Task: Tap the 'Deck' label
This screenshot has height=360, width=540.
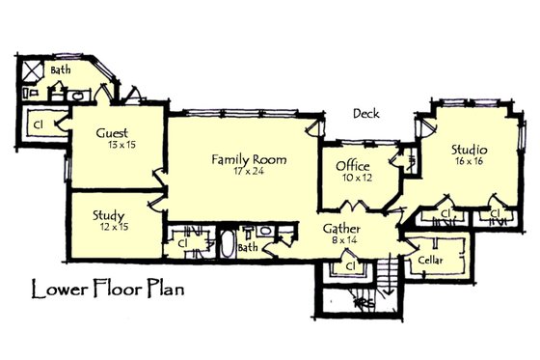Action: click(x=366, y=113)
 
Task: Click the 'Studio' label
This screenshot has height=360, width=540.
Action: click(x=469, y=150)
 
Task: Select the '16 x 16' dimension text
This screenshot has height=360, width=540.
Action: click(x=470, y=163)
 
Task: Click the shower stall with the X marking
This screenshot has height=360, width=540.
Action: click(x=29, y=70)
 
